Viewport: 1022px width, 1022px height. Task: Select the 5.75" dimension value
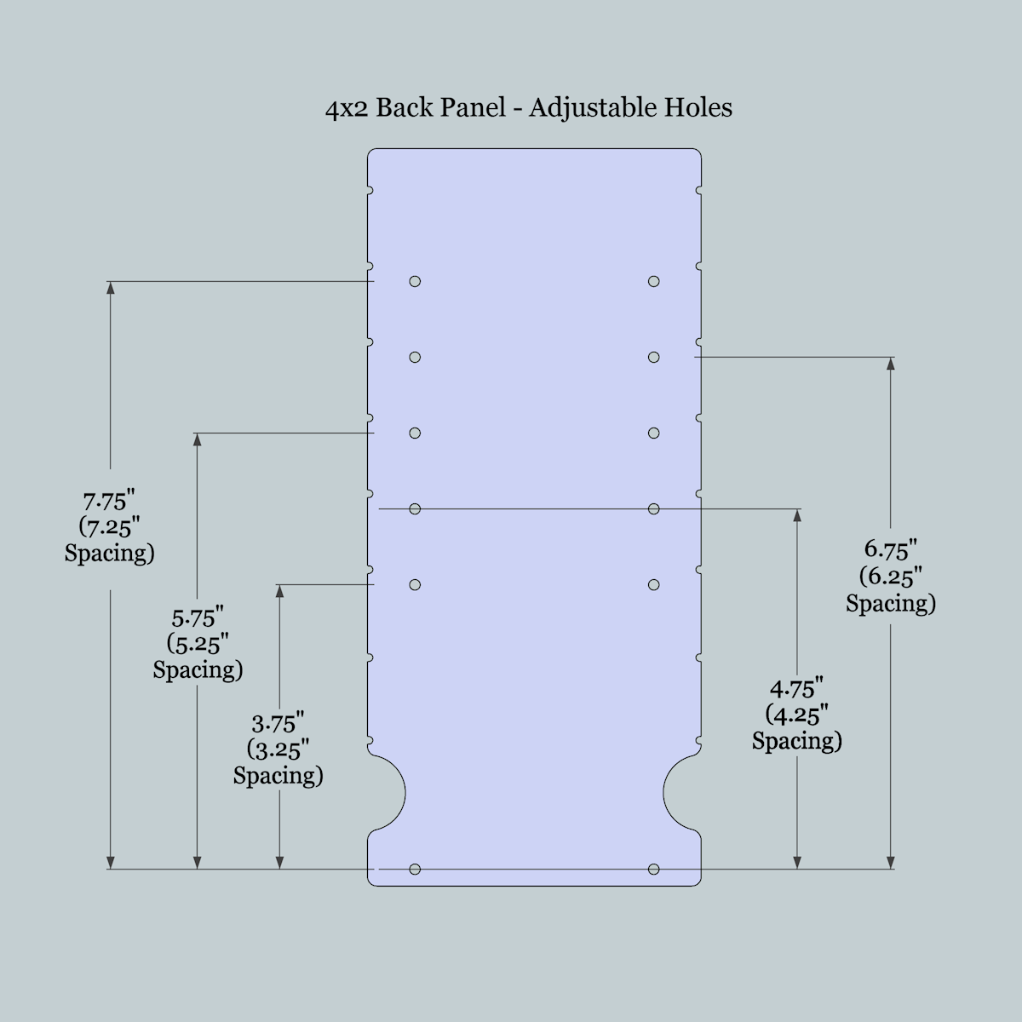pos(198,617)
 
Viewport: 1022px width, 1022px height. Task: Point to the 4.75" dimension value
pos(796,687)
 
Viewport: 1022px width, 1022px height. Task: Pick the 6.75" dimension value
pos(891,549)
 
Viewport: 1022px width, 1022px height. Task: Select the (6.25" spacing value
pos(891,577)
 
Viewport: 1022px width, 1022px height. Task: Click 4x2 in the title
pos(346,109)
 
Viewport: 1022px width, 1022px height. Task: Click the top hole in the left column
pos(415,281)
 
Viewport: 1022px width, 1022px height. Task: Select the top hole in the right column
pos(653,281)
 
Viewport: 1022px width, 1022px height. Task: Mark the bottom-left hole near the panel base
pos(415,869)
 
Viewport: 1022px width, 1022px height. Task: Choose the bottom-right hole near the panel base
pos(653,869)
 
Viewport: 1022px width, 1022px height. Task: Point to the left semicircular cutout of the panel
pos(388,791)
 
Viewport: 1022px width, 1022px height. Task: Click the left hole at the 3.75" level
pos(415,584)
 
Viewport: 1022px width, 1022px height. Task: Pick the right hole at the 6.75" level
pos(653,357)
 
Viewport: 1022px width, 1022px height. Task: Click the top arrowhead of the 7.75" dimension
pos(110,288)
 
